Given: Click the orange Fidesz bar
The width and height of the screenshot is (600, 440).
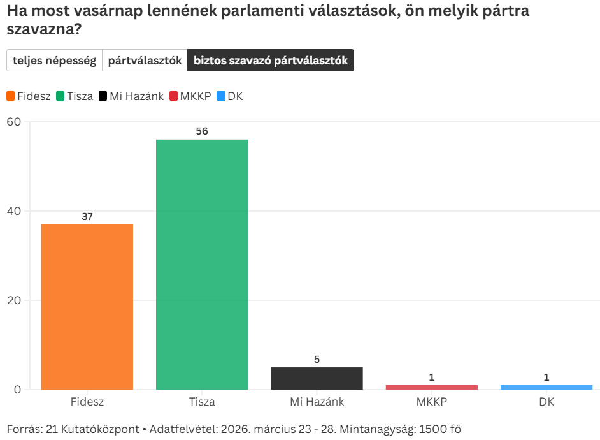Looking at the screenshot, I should [87, 307].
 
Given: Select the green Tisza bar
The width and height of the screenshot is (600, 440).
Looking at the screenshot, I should [202, 264].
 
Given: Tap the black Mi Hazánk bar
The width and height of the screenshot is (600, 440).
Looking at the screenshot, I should [317, 378].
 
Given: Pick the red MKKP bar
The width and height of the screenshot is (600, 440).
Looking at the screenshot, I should [431, 387].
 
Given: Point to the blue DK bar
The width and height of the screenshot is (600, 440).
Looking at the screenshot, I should [546, 387].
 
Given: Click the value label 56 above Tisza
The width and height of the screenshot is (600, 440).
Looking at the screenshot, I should [202, 131].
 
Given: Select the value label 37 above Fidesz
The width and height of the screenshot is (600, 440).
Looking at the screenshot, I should [87, 216].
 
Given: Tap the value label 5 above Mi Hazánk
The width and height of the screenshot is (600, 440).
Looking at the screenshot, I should [317, 359].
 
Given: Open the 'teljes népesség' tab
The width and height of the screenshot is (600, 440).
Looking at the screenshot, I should [54, 61].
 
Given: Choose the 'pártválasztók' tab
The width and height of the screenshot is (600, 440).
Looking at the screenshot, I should [145, 61].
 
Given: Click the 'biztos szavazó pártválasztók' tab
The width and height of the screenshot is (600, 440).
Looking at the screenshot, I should [270, 61].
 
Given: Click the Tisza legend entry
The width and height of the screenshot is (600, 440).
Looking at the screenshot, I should [75, 96].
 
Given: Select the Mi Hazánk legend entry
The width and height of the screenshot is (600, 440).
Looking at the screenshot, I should [131, 96].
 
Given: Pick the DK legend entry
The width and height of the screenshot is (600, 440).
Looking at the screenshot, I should [230, 96].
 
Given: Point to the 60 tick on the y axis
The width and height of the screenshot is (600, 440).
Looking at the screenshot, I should [13, 122].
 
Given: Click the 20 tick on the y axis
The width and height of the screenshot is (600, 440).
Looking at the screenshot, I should [13, 300].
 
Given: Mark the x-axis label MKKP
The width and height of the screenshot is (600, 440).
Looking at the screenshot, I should [431, 402].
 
